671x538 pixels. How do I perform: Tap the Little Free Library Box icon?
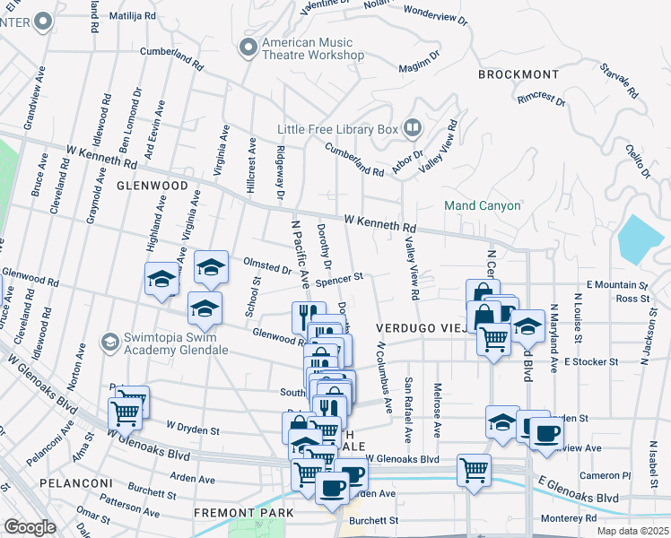pyautogui.click(x=412, y=128)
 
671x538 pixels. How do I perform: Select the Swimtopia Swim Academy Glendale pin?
pyautogui.click(x=109, y=343)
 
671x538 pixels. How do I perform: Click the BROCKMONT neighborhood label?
pyautogui.click(x=518, y=74)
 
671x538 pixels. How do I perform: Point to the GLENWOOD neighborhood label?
pyautogui.click(x=152, y=186)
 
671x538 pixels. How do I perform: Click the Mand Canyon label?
pyautogui.click(x=483, y=205)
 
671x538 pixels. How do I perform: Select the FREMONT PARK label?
pyautogui.click(x=243, y=513)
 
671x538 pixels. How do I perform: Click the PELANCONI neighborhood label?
pyautogui.click(x=75, y=483)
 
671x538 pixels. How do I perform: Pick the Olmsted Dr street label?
pyautogui.click(x=267, y=266)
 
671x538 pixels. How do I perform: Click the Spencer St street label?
pyautogui.click(x=344, y=279)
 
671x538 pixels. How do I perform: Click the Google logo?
pyautogui.click(x=30, y=527)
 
